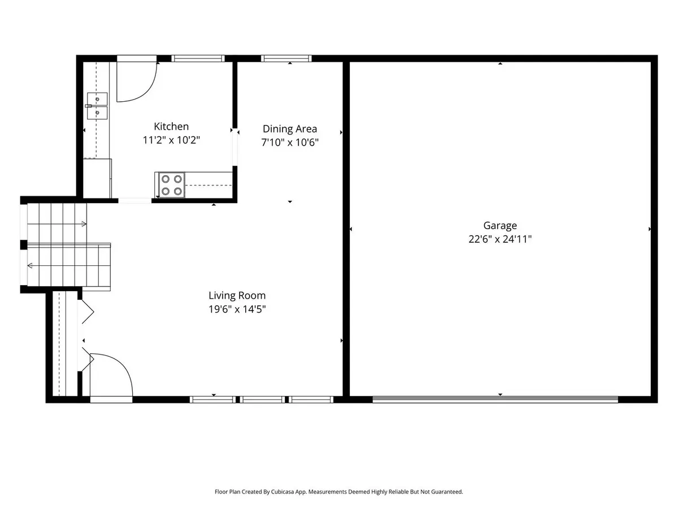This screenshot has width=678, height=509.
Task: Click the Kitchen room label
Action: click(x=171, y=126)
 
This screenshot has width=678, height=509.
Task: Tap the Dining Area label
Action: click(x=290, y=129)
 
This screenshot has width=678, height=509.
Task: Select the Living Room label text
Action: click(x=237, y=295)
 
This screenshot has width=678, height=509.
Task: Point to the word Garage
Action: click(x=500, y=226)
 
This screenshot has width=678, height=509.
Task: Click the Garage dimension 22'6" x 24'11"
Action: click(x=500, y=239)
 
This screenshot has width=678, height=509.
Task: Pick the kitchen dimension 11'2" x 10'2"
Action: click(x=171, y=140)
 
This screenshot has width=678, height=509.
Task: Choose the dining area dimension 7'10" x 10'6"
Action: click(x=290, y=143)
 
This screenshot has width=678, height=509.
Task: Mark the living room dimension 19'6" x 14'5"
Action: click(x=237, y=309)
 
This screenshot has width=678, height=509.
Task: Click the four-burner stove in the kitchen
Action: click(x=171, y=185)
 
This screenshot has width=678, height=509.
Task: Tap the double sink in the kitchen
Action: click(x=97, y=106)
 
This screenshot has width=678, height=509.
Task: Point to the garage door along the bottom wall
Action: click(x=495, y=400)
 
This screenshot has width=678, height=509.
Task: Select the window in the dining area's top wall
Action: click(x=286, y=58)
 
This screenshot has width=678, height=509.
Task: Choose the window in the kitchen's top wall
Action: click(x=198, y=58)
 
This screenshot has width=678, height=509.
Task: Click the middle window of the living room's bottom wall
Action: click(x=262, y=400)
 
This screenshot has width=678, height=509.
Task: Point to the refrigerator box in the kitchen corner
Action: click(x=97, y=178)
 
